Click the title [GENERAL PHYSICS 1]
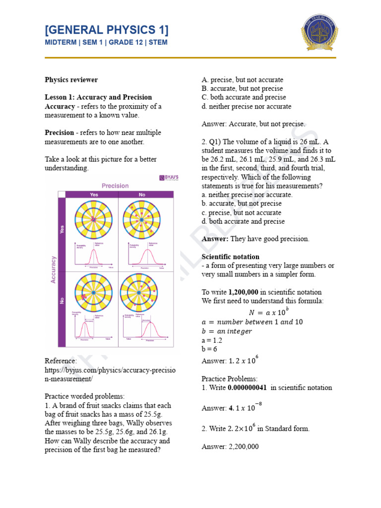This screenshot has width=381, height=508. click(x=106, y=30)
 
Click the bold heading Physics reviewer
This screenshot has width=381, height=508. click(x=71, y=79)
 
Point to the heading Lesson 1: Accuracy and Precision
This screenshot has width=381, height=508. click(x=98, y=97)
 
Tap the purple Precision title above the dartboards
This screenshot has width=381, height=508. click(x=115, y=186)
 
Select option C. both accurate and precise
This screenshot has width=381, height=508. click(x=244, y=97)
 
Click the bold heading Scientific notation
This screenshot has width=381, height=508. click(x=230, y=256)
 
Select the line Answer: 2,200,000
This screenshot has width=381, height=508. click(x=230, y=446)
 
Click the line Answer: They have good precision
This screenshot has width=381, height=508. click(x=255, y=239)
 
